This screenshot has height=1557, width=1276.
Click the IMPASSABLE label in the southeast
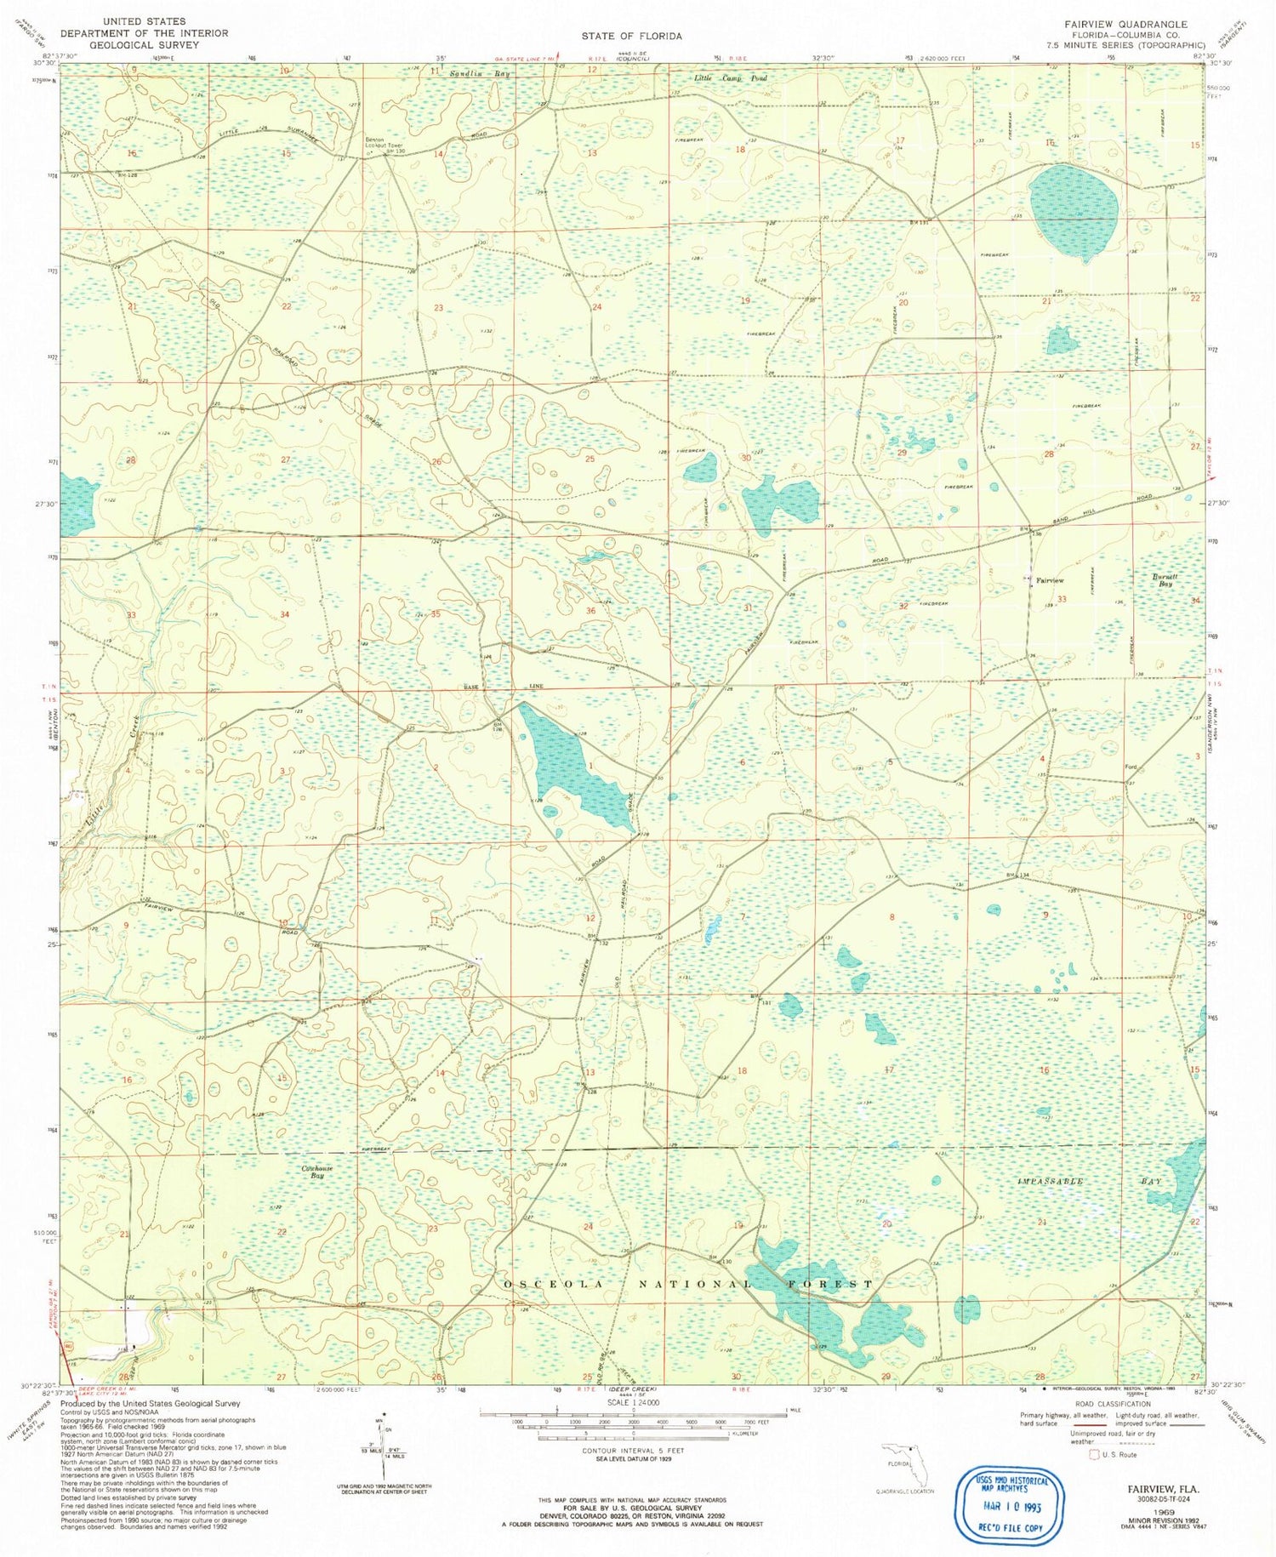click(x=1050, y=1182)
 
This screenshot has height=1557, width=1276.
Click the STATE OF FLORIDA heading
click(x=632, y=36)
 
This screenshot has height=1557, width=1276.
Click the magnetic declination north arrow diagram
click(x=385, y=1446)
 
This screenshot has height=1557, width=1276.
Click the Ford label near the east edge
click(x=1131, y=767)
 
